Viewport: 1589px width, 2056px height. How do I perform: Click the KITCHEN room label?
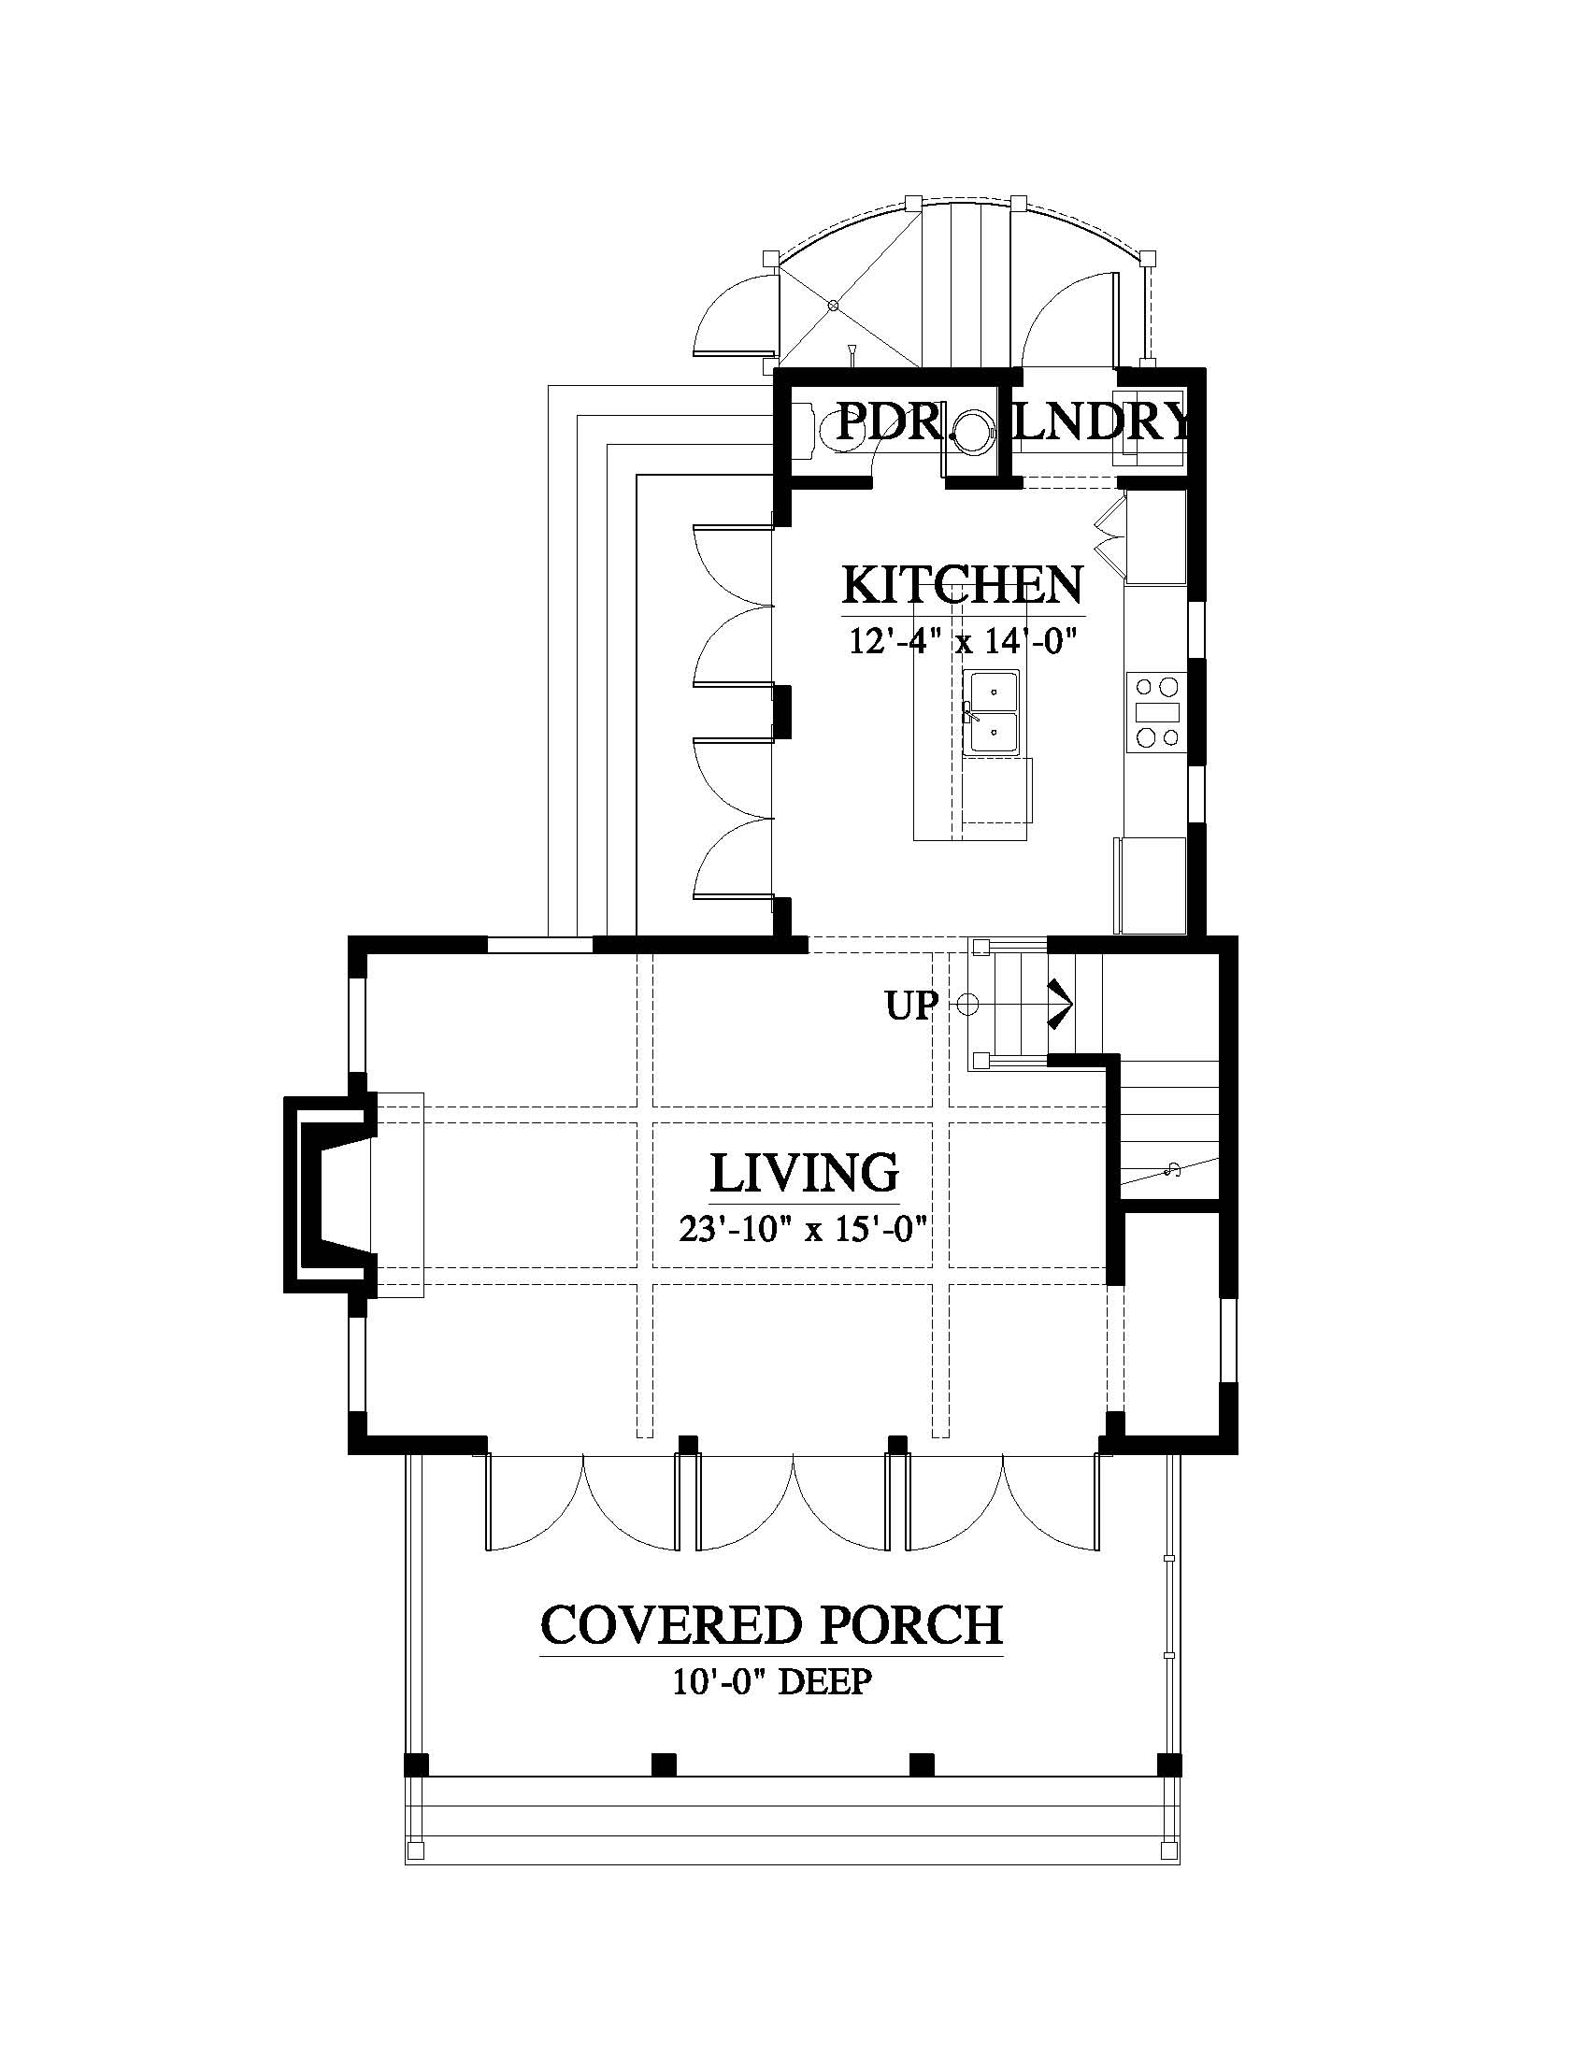pyautogui.click(x=962, y=585)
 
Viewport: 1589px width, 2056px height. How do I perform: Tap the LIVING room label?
pyautogui.click(x=804, y=1173)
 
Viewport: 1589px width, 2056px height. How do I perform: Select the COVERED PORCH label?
pyautogui.click(x=772, y=1626)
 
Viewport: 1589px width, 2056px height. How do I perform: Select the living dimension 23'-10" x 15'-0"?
pyautogui.click(x=805, y=1229)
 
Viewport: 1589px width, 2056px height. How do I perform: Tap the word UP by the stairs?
pyautogui.click(x=911, y=1007)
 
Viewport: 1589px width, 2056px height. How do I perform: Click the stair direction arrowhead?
pyautogui.click(x=1062, y=1005)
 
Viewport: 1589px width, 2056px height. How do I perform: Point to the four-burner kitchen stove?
pyautogui.click(x=1157, y=712)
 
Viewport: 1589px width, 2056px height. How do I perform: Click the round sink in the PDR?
pyautogui.click(x=970, y=432)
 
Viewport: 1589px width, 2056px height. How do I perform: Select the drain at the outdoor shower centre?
pyautogui.click(x=832, y=305)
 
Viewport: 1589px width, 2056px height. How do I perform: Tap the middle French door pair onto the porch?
pyautogui.click(x=793, y=1504)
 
